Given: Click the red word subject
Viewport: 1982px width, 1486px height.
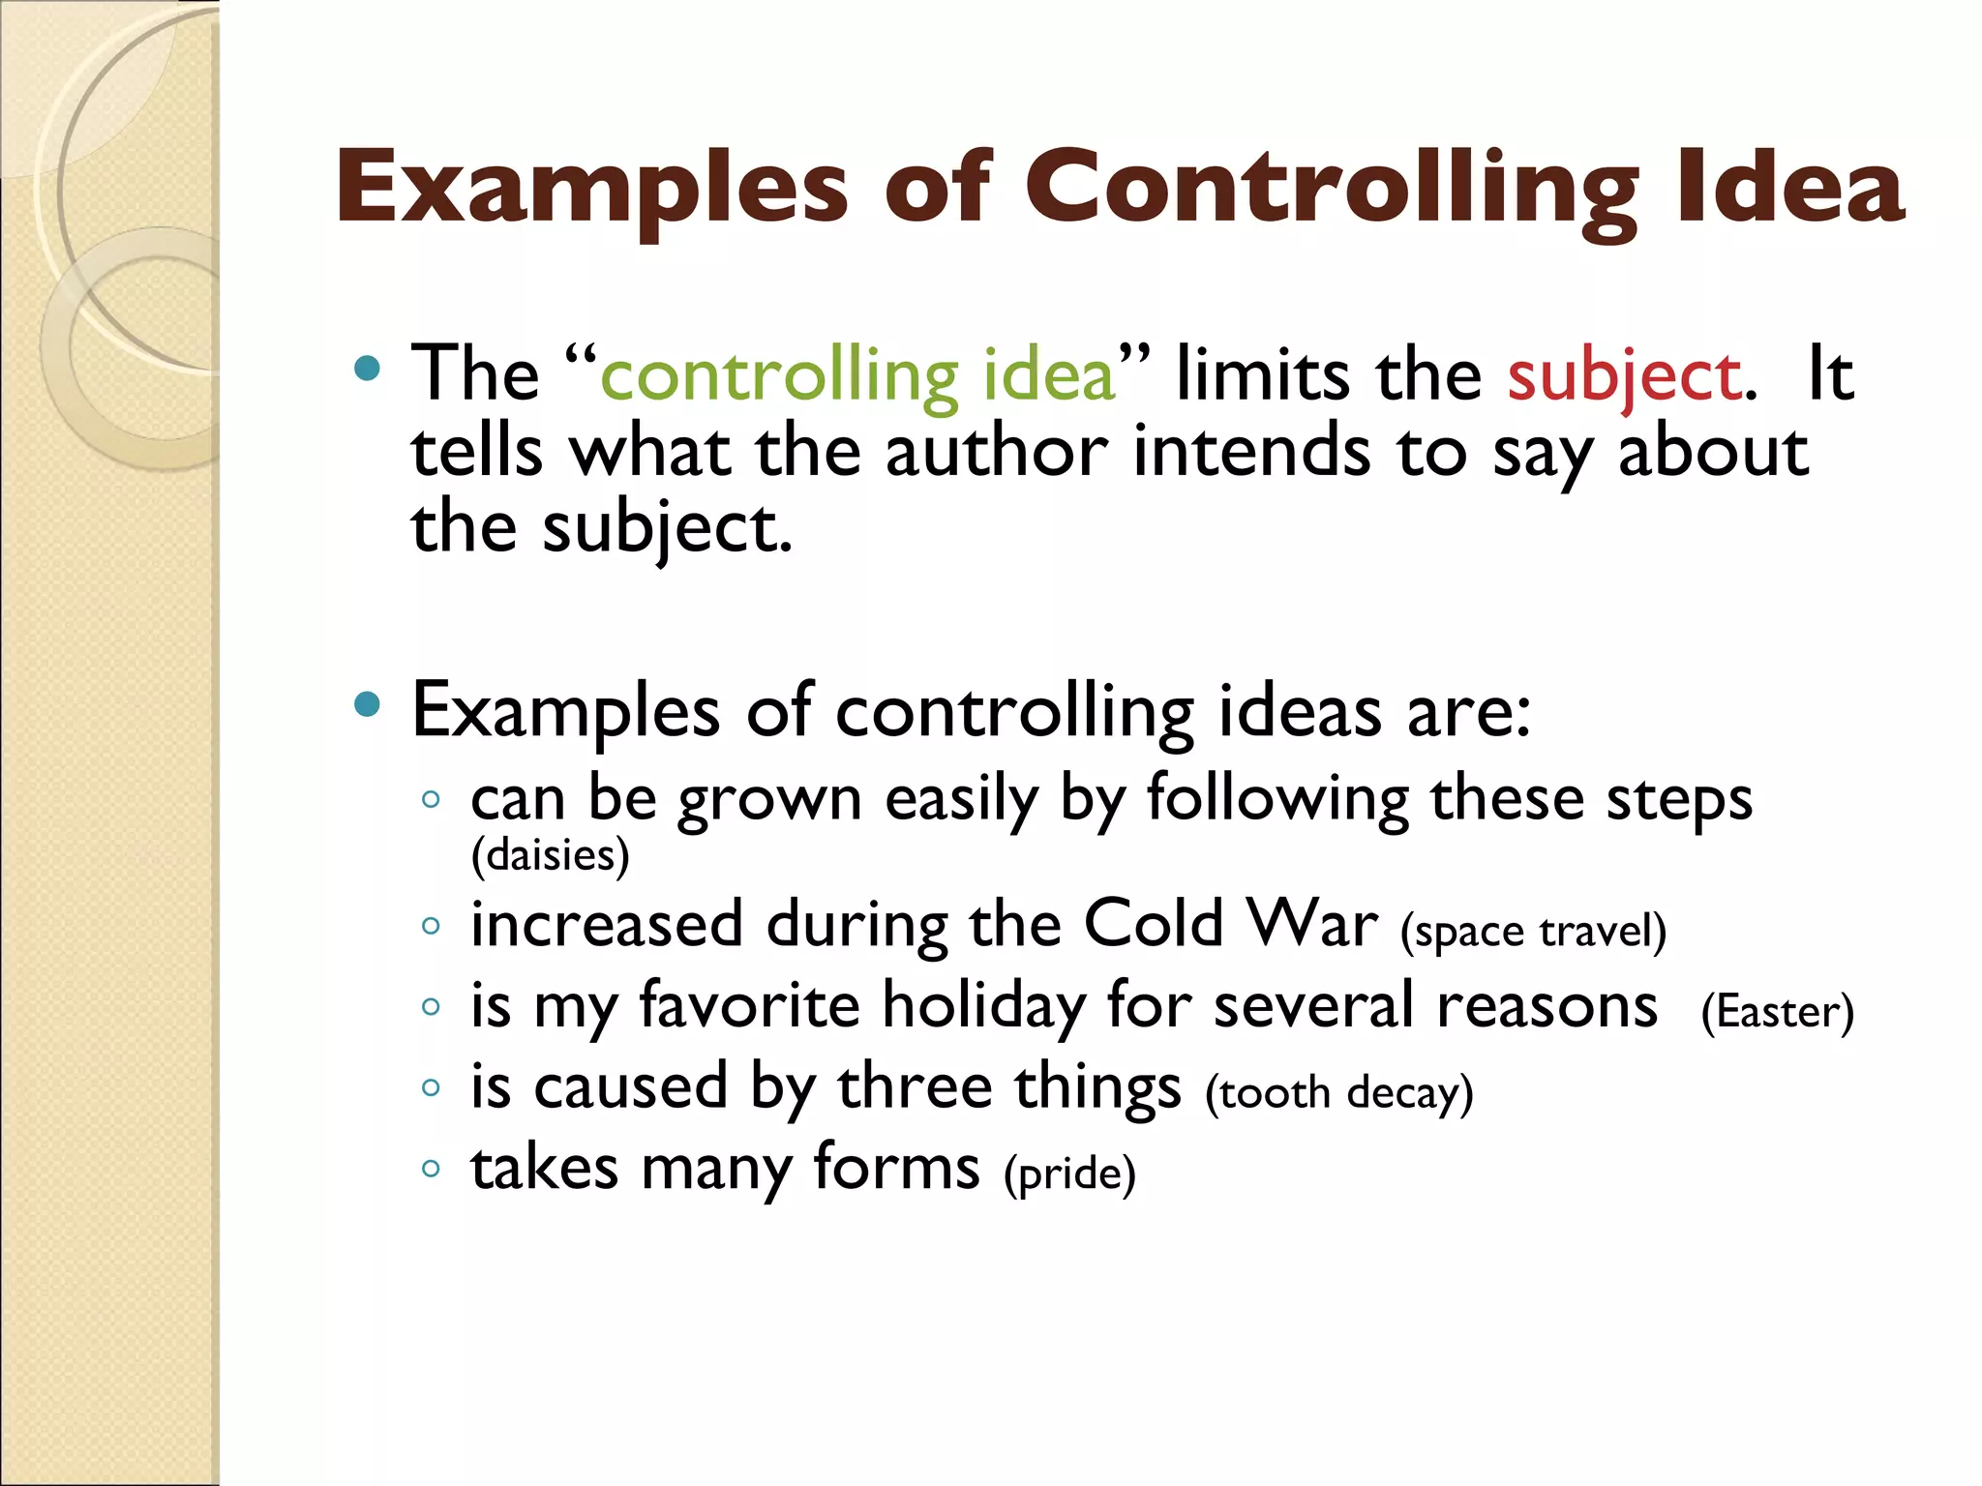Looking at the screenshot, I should (x=1626, y=376).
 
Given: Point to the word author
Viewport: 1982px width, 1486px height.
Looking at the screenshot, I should (x=997, y=452).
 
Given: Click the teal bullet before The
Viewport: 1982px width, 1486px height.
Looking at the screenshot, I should (x=367, y=369).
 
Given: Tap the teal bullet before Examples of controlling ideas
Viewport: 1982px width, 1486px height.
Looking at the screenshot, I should (x=367, y=704).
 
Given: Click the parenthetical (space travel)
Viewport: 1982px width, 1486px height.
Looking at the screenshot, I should (x=1533, y=932).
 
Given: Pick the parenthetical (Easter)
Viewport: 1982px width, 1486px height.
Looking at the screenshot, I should (x=1777, y=1013).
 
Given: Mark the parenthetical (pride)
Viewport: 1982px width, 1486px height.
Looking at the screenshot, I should (x=1069, y=1174).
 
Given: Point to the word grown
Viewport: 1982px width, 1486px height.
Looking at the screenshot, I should (x=769, y=801).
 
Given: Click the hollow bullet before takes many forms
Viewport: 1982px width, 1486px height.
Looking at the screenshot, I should (x=431, y=1169).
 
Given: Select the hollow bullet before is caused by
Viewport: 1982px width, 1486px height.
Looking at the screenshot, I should (x=431, y=1087).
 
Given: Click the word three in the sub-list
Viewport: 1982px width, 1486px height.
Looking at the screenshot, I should (x=915, y=1086).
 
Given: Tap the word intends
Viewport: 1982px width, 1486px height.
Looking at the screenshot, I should (x=1251, y=452).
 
